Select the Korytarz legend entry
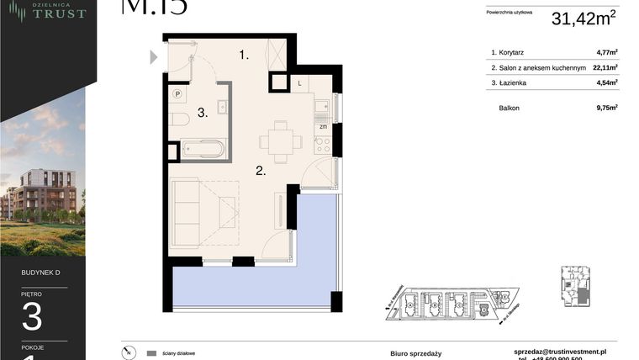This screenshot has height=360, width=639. click(x=511, y=52)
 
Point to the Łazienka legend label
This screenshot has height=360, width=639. click(x=514, y=82)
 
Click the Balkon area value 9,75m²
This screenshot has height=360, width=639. click(x=606, y=108)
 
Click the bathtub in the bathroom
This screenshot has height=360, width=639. click(x=203, y=150)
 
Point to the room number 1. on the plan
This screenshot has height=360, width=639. click(x=244, y=56)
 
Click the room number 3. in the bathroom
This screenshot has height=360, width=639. click(x=203, y=112)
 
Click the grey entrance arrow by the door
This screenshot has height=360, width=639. click(x=154, y=57)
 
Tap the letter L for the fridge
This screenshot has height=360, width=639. click(x=300, y=83)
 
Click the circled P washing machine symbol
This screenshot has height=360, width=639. click(x=177, y=94)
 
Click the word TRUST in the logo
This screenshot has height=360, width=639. click(x=60, y=13)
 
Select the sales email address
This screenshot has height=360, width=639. click(x=560, y=351)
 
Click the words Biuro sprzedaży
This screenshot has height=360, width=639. click(x=415, y=353)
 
